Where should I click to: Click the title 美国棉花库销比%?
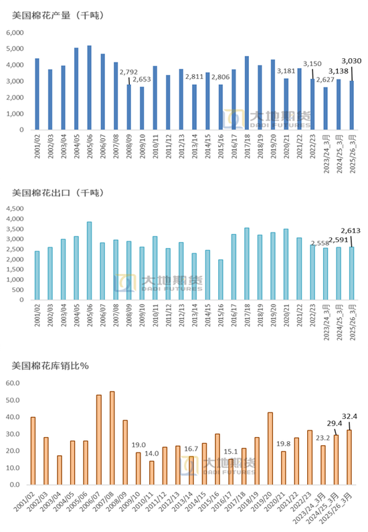(51, 366)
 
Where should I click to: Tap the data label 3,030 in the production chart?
(351, 61)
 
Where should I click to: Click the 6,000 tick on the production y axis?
(15, 33)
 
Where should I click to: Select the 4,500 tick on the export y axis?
(14, 209)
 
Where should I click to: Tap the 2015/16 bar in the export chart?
(219, 279)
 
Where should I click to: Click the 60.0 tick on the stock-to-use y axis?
(15, 383)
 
